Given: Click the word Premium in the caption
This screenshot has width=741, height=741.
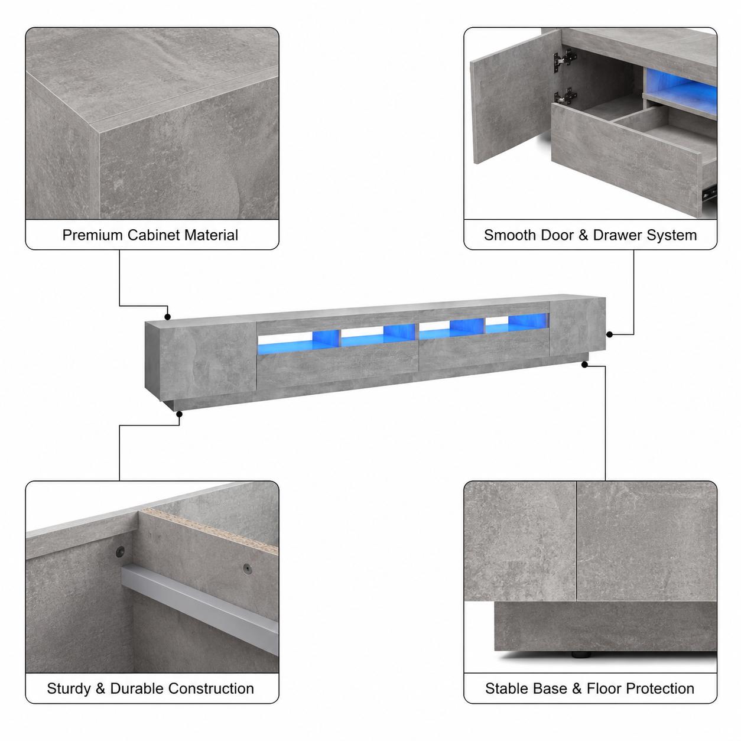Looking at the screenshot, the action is click(x=93, y=235).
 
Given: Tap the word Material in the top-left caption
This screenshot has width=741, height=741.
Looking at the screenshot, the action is click(x=211, y=235).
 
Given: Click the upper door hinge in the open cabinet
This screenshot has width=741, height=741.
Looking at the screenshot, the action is click(x=564, y=59).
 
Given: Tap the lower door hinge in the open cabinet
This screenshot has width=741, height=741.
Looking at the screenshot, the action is click(x=564, y=96).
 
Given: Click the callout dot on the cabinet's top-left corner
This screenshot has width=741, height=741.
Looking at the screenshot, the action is click(x=167, y=317).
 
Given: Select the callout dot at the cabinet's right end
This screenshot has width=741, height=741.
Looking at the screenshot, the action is click(x=609, y=334).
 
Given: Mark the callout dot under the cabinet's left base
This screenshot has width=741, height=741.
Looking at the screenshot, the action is click(x=179, y=414).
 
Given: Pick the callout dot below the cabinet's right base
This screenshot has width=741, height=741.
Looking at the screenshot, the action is click(x=584, y=365).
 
